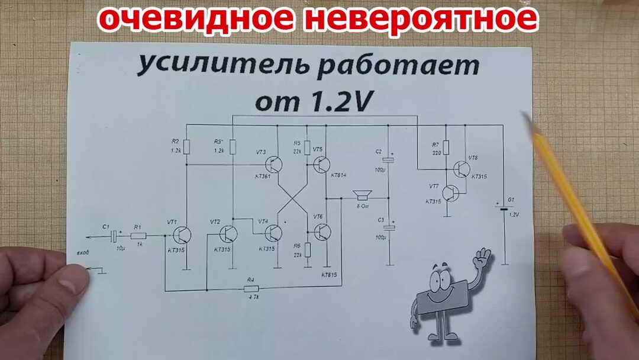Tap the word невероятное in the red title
(x=421, y=19)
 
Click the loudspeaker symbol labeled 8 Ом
(x=361, y=196)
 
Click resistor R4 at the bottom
(x=251, y=289)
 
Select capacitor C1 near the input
(x=113, y=236)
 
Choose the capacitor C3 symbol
(x=389, y=227)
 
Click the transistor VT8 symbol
(x=462, y=169)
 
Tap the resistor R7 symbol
(x=446, y=146)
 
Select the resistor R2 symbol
(x=186, y=147)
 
